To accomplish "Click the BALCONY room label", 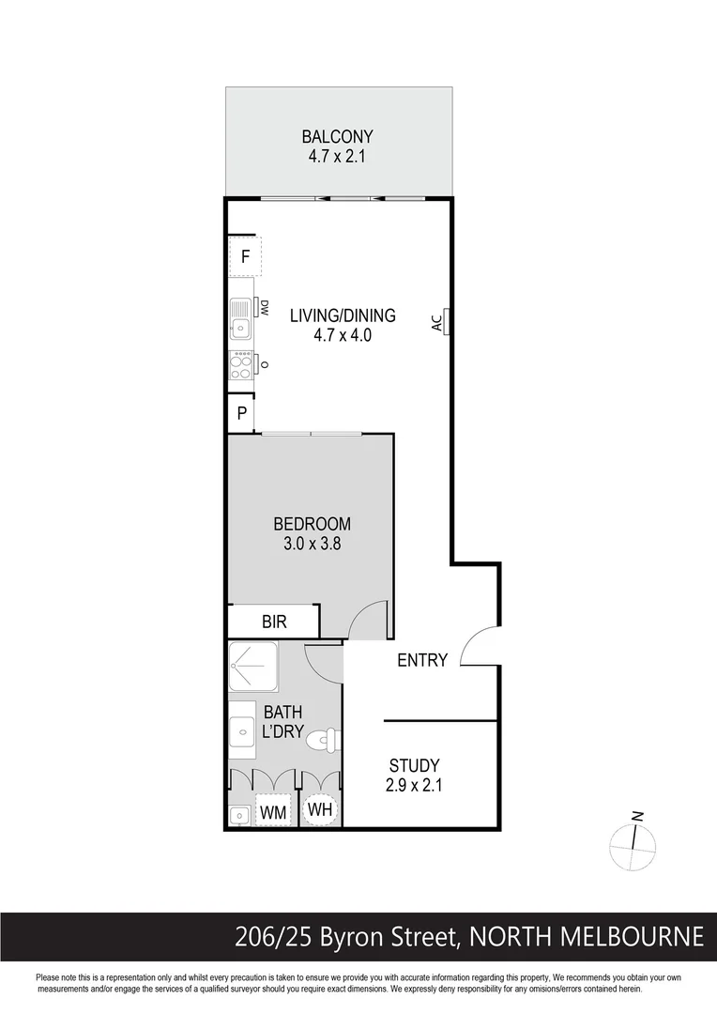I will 337,136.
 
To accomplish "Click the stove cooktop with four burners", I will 241,364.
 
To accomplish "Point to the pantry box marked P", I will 241,413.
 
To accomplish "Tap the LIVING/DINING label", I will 343,315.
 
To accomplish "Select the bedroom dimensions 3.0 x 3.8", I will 312,542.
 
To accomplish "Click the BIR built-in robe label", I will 274,622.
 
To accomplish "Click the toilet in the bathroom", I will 323,740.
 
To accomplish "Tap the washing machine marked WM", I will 272,809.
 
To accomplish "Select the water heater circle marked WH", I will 320,809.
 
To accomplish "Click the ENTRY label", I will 422,660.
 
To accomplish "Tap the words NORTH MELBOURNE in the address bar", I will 587,937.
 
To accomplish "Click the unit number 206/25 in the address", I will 273,937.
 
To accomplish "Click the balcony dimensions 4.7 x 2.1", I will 337,156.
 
